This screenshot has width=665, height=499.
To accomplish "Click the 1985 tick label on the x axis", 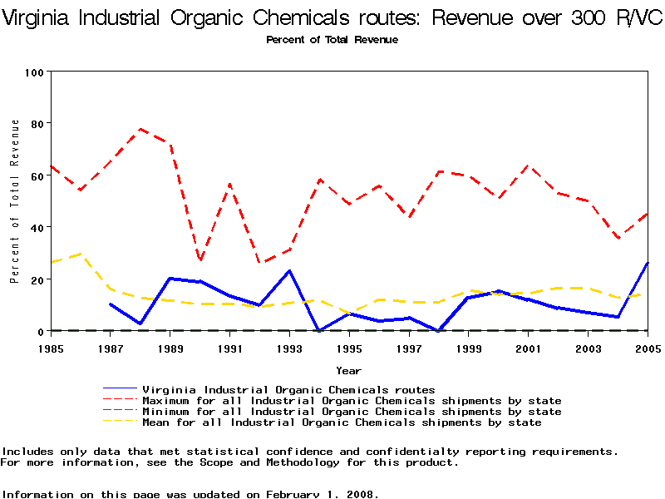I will point(51,348).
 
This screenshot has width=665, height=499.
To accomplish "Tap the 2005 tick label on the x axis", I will point(646,348).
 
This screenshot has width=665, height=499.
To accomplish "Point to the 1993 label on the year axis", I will point(289,348).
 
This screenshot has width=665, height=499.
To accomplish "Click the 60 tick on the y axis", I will point(37,175).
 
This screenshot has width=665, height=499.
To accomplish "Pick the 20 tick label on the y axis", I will point(37,279).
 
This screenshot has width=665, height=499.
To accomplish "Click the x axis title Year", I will point(348,370).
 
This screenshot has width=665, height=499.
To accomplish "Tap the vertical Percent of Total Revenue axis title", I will point(15,201).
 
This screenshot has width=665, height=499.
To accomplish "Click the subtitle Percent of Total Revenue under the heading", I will point(332,40).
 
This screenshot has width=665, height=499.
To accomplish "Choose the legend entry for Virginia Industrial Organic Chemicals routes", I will point(288,389).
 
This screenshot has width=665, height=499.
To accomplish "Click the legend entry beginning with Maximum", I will point(352,401).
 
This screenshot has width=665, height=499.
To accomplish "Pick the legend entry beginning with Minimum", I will point(352,412).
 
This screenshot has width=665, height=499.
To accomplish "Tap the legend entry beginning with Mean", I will point(342,422).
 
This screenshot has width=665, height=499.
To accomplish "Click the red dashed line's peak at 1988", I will point(140,129).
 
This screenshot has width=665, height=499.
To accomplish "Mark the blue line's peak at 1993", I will point(289,270).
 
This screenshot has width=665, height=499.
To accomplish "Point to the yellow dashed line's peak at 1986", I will point(81,254).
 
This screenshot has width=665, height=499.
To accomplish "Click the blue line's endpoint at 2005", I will point(646,264).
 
